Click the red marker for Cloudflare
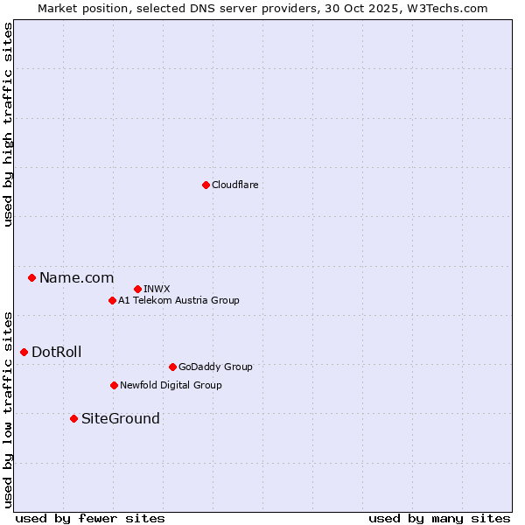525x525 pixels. point(206,185)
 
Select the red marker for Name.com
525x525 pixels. point(31,277)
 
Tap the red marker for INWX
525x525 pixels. point(137,289)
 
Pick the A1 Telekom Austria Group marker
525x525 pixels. point(112,300)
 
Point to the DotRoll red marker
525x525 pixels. point(24,352)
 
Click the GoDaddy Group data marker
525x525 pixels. point(172,367)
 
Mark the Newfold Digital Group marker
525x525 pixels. point(114,385)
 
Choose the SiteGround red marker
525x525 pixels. point(73,418)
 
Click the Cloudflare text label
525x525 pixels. point(234,185)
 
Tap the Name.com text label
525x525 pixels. point(76,277)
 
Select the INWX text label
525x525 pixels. point(157,289)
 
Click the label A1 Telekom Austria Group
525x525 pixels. point(178,300)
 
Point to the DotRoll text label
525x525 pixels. point(56,352)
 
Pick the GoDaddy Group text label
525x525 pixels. point(215,367)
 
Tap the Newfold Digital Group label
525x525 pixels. point(171,385)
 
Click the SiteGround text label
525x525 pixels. point(121,418)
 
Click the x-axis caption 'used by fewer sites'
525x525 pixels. point(90,518)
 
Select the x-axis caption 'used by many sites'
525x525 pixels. point(439,518)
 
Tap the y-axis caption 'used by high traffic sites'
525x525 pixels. point(8,124)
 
